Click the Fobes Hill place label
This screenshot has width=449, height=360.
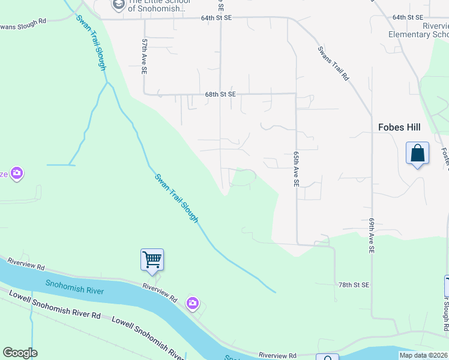(x=399, y=127)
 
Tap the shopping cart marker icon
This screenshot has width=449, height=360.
(x=152, y=260)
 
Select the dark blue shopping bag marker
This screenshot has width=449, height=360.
(x=417, y=154)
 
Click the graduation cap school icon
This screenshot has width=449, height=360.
(x=118, y=5)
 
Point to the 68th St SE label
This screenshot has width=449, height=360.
(x=220, y=94)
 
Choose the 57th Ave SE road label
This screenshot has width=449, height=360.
(x=145, y=57)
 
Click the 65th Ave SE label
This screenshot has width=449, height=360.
(x=297, y=169)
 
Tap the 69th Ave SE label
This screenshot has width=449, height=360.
(x=372, y=234)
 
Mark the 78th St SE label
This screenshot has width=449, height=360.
(x=354, y=284)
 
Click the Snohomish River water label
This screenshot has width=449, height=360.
(x=74, y=287)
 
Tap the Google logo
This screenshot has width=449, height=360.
(x=20, y=353)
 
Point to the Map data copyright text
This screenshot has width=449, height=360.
(x=424, y=355)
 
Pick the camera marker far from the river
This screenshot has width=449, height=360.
(x=16, y=173)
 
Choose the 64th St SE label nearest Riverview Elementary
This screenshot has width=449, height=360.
(x=408, y=17)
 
